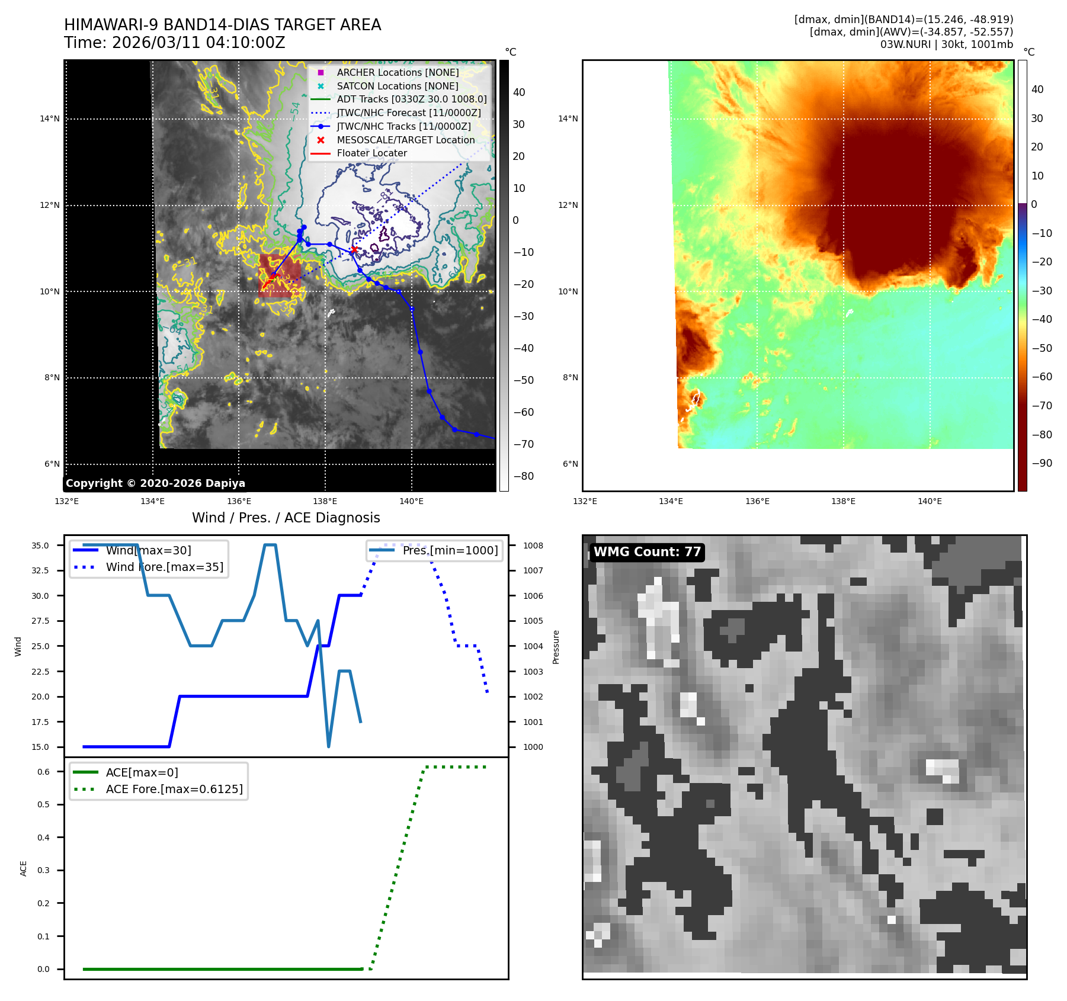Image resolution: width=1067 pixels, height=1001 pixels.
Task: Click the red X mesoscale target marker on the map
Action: tap(354, 249)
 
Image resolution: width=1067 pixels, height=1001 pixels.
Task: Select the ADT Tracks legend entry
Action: tap(411, 100)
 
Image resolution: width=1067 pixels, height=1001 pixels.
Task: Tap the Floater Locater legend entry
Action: tap(371, 153)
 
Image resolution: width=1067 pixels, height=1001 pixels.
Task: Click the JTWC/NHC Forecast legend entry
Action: tap(408, 113)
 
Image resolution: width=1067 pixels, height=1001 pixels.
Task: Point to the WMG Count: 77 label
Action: tap(647, 552)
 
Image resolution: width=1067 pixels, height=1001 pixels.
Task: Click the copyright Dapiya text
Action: tap(155, 483)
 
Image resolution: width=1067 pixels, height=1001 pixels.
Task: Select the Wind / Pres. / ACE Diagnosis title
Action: tap(286, 518)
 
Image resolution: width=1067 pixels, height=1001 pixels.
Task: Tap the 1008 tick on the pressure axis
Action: tap(533, 546)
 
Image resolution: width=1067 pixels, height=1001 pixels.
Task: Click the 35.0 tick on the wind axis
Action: tap(40, 546)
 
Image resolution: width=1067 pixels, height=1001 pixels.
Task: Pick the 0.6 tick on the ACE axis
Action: tap(44, 772)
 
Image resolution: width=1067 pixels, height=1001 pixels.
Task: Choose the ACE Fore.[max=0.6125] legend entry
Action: tap(174, 789)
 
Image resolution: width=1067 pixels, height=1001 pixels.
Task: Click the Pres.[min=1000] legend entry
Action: tap(450, 550)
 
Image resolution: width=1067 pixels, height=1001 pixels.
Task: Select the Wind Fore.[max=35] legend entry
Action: tap(164, 567)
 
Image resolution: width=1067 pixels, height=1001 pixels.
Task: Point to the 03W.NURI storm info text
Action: tap(946, 44)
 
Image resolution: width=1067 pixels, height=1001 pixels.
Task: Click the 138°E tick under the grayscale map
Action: tap(325, 502)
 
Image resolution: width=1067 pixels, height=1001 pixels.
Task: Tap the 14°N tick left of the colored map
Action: tap(568, 119)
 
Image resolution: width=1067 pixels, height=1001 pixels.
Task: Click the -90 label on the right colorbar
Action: tap(1042, 463)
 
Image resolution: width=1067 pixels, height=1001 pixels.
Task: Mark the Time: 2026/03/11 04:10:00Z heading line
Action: tap(175, 43)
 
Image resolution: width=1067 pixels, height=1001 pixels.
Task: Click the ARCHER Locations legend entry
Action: tap(398, 72)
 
